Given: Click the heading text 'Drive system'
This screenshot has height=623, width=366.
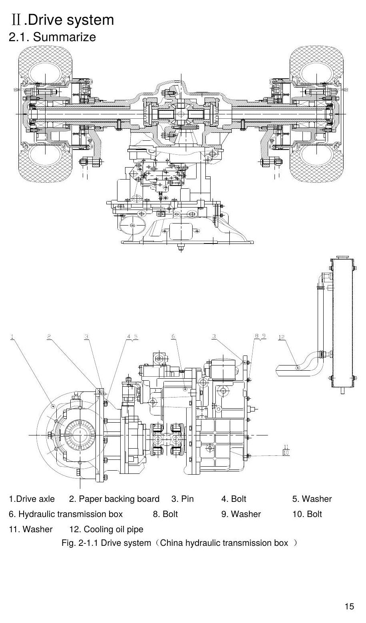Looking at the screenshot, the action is (71, 20).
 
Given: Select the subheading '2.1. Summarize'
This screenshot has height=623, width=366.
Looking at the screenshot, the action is (52, 37).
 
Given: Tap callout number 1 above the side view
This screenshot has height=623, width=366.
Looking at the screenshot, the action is (12, 337).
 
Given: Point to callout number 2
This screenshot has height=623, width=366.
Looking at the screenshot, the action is (49, 337).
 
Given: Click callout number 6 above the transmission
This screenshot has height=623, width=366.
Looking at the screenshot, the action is (173, 337).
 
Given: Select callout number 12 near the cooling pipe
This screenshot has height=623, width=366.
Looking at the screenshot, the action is (282, 337).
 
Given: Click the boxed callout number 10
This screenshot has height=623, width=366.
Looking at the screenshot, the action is (286, 453).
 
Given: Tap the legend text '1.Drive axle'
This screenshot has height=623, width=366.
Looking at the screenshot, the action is (32, 499).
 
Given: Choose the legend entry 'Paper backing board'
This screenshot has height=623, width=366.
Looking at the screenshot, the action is (119, 499).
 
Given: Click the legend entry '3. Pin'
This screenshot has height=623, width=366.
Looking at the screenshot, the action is (182, 499).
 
